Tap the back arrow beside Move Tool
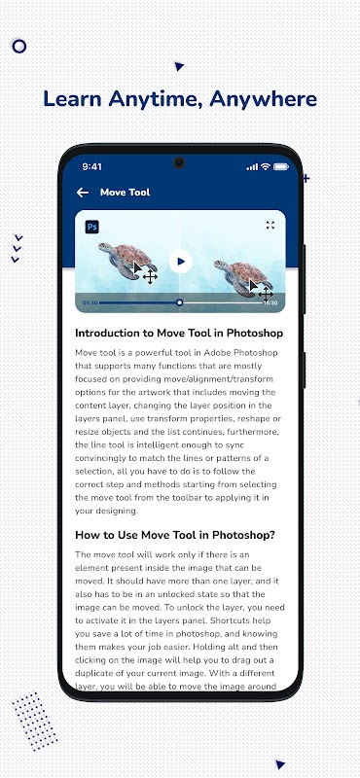[x=83, y=193]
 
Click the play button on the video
[x=180, y=262]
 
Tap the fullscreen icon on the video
[x=270, y=226]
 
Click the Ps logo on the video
[x=91, y=228]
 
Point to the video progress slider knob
[x=180, y=302]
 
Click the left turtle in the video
[x=127, y=260]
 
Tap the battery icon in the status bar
[x=281, y=166]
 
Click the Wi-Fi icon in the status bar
[x=266, y=166]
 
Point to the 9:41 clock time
[x=91, y=167]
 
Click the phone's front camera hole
[x=179, y=162]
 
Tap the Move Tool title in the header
[x=126, y=193]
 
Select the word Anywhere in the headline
[x=263, y=99]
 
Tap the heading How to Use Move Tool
[x=175, y=536]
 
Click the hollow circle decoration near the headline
[x=18, y=47]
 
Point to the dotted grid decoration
[x=35, y=721]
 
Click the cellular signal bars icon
[x=252, y=167]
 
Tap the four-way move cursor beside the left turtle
[x=150, y=277]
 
